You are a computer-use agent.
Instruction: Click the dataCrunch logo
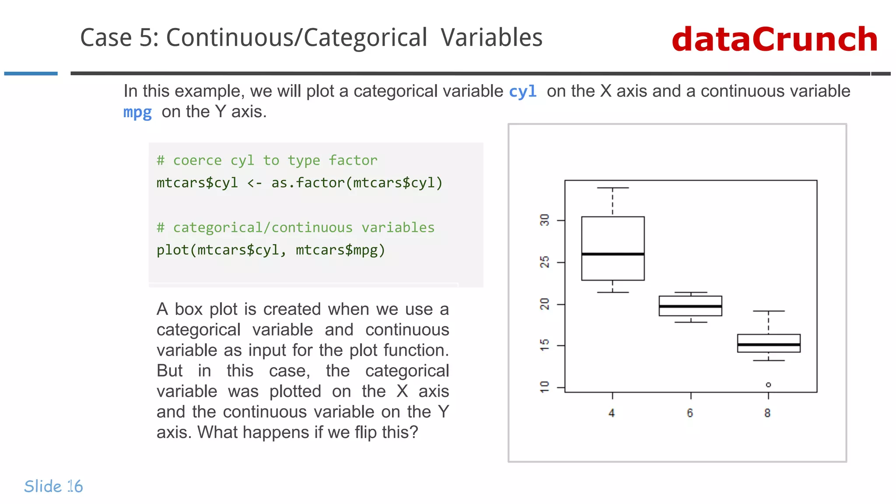774,39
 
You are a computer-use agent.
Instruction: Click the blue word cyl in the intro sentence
523,92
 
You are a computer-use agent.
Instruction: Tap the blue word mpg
137,112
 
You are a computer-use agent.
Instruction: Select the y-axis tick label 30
544,220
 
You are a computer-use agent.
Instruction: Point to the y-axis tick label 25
544,262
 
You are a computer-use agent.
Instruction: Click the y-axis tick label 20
544,304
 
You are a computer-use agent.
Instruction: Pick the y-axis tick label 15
544,345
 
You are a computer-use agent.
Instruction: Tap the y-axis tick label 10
544,387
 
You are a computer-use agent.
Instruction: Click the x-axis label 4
612,413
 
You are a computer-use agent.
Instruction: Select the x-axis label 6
690,413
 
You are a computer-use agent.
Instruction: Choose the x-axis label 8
767,413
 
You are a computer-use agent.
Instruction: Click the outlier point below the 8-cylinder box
768,385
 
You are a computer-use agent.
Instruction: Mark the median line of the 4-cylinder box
612,254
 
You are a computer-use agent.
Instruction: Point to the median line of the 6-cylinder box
690,306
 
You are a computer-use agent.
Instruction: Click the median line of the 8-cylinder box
769,345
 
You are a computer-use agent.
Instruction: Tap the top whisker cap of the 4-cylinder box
612,188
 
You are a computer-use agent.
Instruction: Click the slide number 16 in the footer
75,486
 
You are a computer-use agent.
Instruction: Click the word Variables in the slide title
491,38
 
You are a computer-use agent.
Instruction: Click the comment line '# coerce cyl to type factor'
267,161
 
